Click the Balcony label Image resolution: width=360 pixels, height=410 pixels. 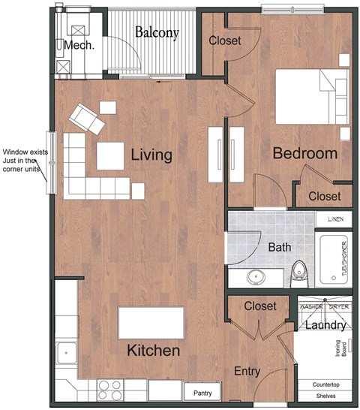point(157,32)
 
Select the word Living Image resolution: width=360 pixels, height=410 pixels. point(151,155)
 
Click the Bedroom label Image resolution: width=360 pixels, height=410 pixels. point(304,153)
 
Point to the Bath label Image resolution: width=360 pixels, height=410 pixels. point(280,247)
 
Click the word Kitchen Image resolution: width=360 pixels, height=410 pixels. point(152,351)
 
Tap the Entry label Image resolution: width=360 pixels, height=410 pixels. point(247,371)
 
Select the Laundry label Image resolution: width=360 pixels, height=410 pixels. point(324,325)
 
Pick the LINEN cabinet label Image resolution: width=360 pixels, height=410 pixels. point(335,219)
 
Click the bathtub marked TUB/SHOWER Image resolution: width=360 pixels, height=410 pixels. point(334,260)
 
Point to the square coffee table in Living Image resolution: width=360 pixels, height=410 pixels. point(111,155)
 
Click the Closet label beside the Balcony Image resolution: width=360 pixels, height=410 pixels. point(225,41)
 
